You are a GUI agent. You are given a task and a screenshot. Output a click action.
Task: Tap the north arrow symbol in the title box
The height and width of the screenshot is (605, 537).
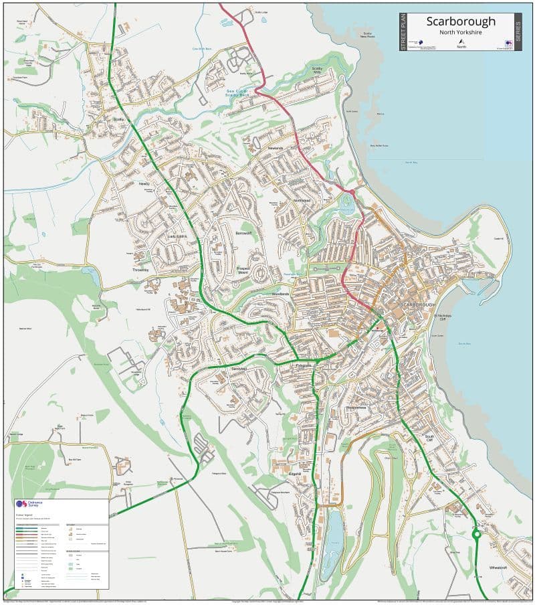pos(461,41)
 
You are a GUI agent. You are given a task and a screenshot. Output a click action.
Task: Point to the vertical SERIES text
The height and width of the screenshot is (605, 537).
pos(518,32)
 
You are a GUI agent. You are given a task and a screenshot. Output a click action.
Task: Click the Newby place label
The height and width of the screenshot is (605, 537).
pos(144,183)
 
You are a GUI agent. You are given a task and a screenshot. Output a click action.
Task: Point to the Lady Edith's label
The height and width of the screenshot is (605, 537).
pos(177,237)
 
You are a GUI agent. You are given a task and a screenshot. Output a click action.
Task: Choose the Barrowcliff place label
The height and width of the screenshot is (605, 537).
pos(244,233)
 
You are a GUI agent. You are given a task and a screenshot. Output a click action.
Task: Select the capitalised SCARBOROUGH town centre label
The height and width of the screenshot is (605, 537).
pos(417,305)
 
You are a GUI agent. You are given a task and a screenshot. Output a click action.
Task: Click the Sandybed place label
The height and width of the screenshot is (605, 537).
pos(239,369)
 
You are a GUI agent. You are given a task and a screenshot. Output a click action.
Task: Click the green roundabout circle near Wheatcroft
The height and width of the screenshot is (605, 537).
pos(477,534)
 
